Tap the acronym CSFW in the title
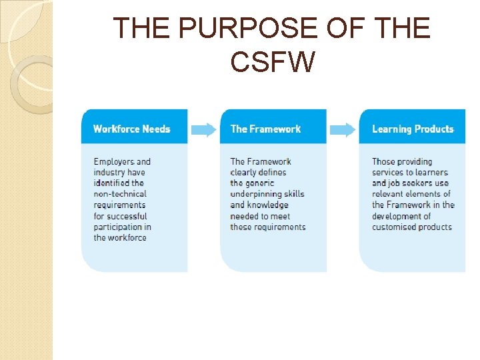[271, 62]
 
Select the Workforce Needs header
[131, 129]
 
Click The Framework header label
[265, 129]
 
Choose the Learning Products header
[412, 129]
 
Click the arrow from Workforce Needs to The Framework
[204, 129]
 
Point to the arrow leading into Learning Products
[343, 129]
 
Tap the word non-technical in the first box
[119, 194]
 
